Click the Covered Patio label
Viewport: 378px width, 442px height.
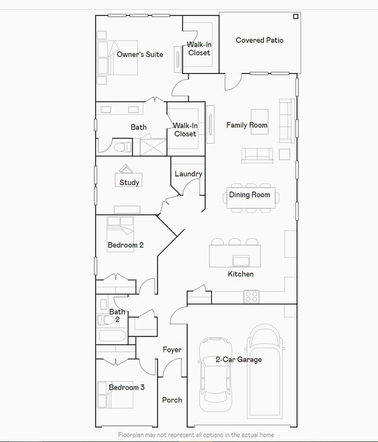259,40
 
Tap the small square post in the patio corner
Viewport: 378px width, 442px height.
295,17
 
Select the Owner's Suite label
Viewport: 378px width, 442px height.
140,54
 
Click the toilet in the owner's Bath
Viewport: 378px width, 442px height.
123,147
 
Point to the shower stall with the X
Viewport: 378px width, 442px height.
153,147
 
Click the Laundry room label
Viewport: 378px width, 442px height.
188,174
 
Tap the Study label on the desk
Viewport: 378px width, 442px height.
129,183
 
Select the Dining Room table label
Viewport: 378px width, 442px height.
249,195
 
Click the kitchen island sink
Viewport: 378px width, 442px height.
241,261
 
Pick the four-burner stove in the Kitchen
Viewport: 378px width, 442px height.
251,297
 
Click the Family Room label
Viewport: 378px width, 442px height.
247,125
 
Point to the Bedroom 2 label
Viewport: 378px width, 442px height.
126,245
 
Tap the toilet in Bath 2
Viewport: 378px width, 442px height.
106,320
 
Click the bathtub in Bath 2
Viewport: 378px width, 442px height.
112,335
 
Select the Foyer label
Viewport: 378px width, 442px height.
172,350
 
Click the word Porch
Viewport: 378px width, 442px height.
172,400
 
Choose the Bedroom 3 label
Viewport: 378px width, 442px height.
127,387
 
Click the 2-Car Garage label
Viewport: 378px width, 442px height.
238,359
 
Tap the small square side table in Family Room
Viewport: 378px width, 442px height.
284,154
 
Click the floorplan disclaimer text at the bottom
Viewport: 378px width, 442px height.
196,435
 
